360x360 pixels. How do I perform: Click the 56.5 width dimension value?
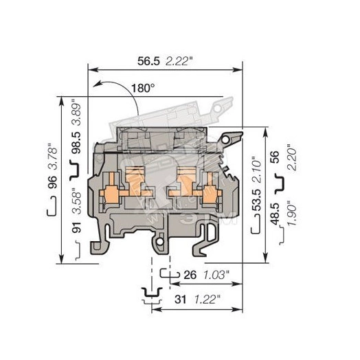(x=149, y=60)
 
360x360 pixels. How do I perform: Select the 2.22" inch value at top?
(x=180, y=60)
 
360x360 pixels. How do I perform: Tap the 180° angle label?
(x=142, y=88)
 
